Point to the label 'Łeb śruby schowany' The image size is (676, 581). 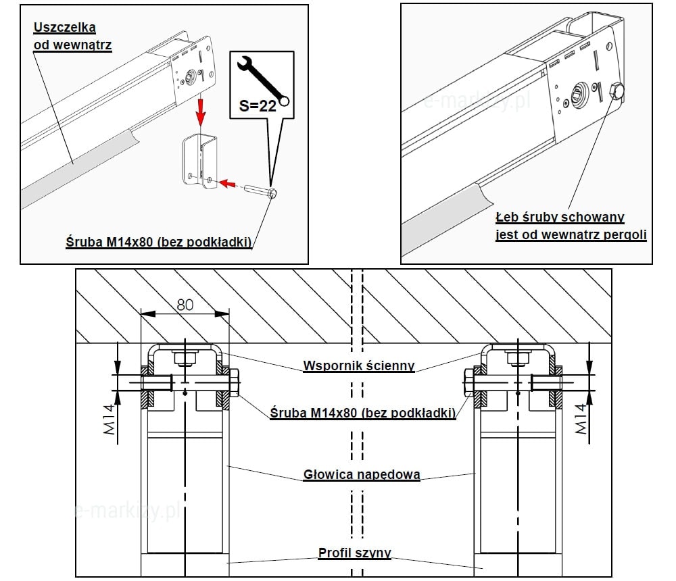click(560, 218)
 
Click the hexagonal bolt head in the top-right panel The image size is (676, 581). click(617, 92)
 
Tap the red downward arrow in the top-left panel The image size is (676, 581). click(199, 112)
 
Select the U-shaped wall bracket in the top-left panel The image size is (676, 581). click(203, 162)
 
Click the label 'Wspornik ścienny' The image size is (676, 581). click(358, 365)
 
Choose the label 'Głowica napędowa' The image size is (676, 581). click(362, 474)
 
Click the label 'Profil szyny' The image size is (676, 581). click(355, 553)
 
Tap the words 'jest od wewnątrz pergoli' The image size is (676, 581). click(571, 234)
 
